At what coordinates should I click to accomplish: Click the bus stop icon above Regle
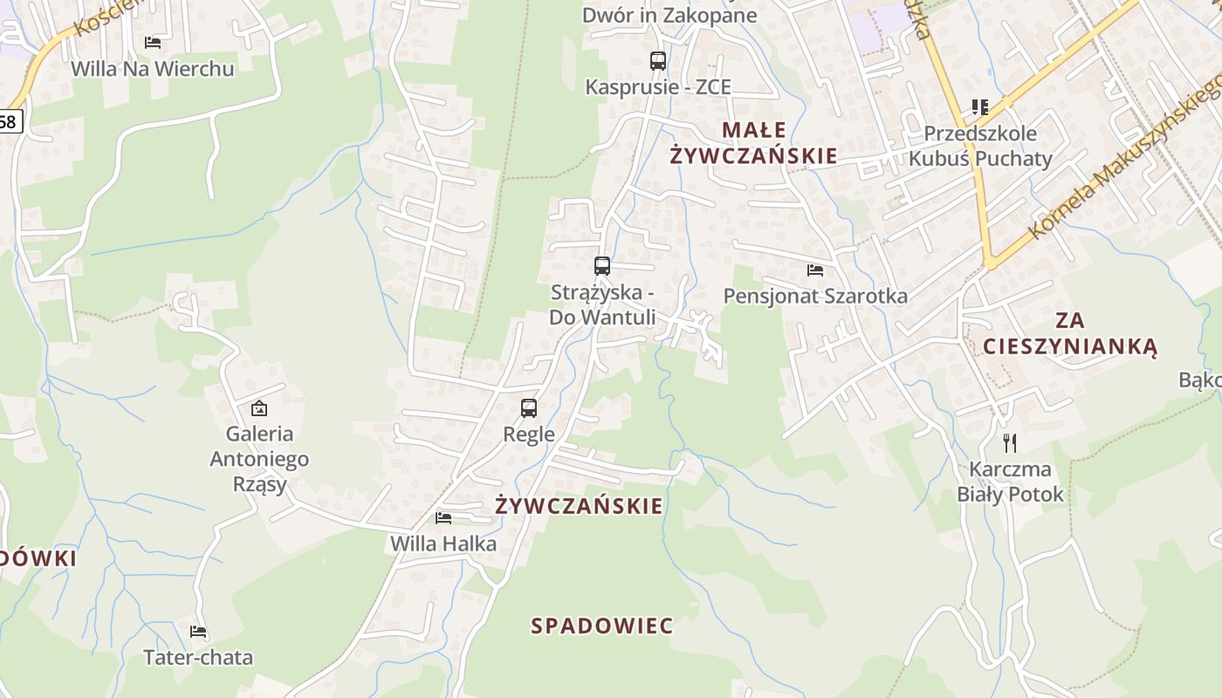tap(528, 407)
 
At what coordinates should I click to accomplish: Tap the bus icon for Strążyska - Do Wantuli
tap(601, 266)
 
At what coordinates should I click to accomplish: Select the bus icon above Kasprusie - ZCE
tap(657, 60)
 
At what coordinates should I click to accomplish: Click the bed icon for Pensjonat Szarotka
tap(815, 270)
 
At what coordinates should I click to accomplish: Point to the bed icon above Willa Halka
tap(443, 517)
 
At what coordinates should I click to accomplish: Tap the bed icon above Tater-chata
tap(198, 631)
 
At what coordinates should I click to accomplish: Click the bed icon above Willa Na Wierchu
tap(153, 42)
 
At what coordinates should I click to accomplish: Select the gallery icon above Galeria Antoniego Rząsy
tap(258, 407)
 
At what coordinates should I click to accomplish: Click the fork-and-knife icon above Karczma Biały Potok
tap(1010, 442)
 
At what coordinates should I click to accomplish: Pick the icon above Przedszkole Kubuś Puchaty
tap(979, 107)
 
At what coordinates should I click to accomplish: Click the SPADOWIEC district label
tap(602, 626)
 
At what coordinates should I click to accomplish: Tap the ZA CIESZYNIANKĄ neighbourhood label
tap(1069, 332)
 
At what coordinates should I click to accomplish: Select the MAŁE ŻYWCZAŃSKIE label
tap(752, 143)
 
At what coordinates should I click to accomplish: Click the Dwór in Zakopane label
tap(669, 15)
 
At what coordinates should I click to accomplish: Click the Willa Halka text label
tap(443, 544)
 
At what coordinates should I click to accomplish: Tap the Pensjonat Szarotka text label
tap(815, 296)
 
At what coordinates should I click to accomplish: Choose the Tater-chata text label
tap(198, 657)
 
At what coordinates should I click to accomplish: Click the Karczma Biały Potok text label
tap(1010, 482)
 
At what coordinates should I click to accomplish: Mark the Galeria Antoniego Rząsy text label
tap(258, 458)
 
